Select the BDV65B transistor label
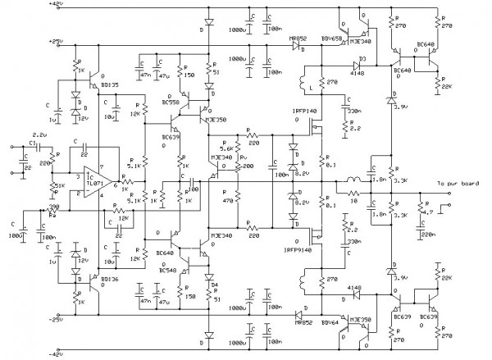pyautogui.click(x=330, y=39)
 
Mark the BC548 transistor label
pyautogui.click(x=167, y=270)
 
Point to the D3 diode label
pyautogui.click(x=362, y=59)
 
